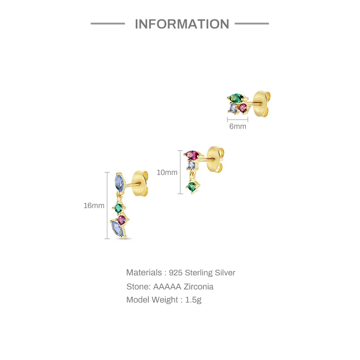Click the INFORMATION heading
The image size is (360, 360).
[x=182, y=24]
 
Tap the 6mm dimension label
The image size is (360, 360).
[x=238, y=126]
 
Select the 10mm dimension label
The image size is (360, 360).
[x=167, y=172]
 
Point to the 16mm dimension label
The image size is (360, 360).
[x=94, y=206]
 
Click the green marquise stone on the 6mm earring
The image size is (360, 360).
[x=236, y=97]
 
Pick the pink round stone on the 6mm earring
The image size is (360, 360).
[x=244, y=107]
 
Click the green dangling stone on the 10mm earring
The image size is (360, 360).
[x=192, y=186]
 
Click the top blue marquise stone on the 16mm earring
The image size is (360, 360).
[x=119, y=181]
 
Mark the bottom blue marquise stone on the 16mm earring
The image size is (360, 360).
[x=117, y=228]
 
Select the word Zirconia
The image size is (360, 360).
[x=198, y=287]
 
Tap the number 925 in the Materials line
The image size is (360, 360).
[x=176, y=273]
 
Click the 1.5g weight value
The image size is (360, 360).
[x=193, y=300]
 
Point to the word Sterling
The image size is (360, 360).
[x=199, y=273]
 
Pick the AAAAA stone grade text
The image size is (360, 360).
[x=167, y=287]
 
